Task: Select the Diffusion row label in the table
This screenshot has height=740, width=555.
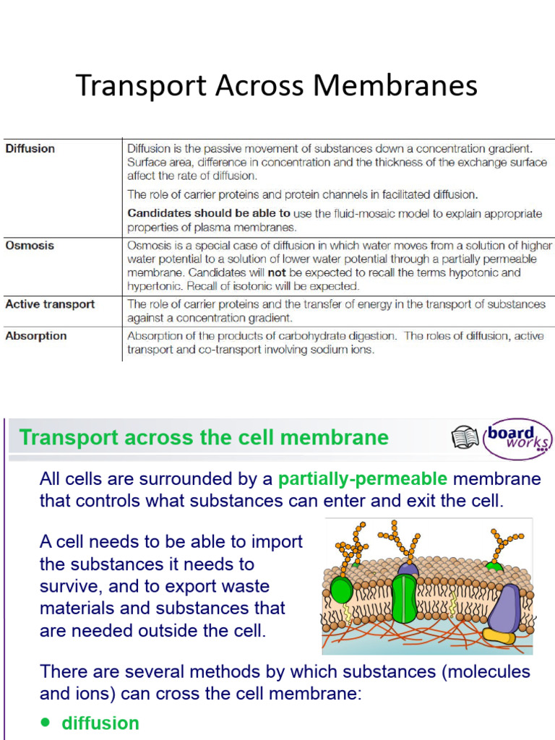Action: [x=30, y=149]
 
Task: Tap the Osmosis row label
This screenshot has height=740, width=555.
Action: [x=30, y=246]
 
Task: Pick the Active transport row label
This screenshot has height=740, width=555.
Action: [x=50, y=304]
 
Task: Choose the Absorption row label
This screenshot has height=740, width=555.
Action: [x=36, y=336]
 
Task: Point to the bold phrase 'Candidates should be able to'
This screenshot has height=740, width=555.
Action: [x=209, y=214]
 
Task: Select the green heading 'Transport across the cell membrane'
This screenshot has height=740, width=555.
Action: [x=204, y=437]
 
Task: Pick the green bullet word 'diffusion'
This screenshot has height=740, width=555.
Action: [x=100, y=723]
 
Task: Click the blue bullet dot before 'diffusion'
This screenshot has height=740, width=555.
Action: [x=46, y=722]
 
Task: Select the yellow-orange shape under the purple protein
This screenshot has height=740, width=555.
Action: [x=499, y=635]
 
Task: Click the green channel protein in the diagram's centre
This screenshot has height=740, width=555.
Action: [x=406, y=597]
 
